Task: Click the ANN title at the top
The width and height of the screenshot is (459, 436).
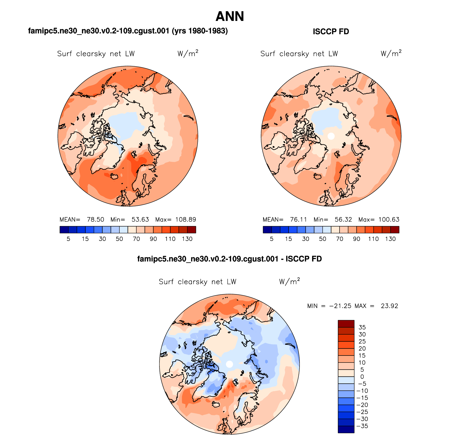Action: click(x=229, y=17)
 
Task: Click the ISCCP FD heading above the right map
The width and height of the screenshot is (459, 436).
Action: click(x=331, y=32)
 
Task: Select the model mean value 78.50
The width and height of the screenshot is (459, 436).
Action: click(x=95, y=219)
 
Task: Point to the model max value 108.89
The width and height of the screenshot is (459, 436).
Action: click(x=185, y=219)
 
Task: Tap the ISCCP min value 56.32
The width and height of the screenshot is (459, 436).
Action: click(x=343, y=219)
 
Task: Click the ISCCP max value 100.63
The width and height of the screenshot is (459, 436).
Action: click(x=389, y=219)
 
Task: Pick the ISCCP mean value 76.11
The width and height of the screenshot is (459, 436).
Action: click(x=298, y=219)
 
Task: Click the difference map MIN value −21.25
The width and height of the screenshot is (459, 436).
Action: click(x=340, y=306)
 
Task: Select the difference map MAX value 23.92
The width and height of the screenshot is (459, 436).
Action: click(x=389, y=306)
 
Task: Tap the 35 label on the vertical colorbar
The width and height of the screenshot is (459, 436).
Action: click(x=362, y=327)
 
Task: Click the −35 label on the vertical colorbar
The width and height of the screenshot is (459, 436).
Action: click(x=362, y=426)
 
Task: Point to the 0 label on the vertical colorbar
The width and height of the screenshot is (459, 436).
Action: click(x=362, y=377)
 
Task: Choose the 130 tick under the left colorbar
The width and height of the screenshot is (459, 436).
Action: click(x=187, y=239)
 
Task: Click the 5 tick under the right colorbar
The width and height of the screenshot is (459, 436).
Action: click(x=272, y=239)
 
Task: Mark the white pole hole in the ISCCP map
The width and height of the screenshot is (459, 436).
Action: click(x=331, y=136)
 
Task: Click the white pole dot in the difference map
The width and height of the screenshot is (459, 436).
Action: click(x=229, y=364)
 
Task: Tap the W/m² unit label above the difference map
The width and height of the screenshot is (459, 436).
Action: click(x=289, y=281)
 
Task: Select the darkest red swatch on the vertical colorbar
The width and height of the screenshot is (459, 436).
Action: click(x=346, y=324)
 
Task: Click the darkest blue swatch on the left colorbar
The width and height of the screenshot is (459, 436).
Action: click(x=64, y=230)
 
